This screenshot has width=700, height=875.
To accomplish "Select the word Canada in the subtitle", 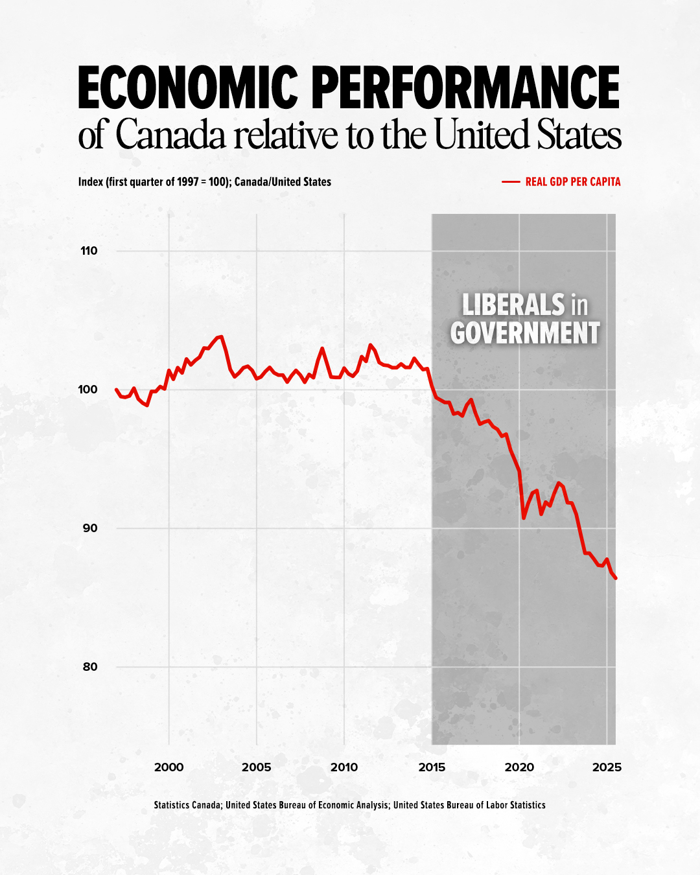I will click(171, 135).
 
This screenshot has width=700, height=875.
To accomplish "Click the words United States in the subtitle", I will click(528, 135).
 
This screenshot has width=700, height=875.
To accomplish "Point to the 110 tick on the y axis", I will click(89, 251).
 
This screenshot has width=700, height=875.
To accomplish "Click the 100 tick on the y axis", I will click(88, 390).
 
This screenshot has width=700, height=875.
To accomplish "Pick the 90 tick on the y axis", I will click(89, 528).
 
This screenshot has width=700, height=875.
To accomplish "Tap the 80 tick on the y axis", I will click(89, 667).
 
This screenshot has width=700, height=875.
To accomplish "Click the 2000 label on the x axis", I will click(169, 767).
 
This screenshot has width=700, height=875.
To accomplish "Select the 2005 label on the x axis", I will click(256, 767).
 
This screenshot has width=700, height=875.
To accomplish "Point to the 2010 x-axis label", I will click(344, 767).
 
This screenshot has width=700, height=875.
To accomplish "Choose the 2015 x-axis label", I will click(432, 767).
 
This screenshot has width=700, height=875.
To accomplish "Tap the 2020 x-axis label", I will click(519, 767).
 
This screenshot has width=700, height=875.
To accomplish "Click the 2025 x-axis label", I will click(607, 767).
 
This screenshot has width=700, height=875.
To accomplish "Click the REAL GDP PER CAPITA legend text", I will click(573, 182).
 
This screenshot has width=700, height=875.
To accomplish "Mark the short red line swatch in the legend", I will click(511, 182).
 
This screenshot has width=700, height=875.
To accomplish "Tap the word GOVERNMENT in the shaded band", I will click(525, 333).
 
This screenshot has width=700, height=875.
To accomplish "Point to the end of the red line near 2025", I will click(615, 577).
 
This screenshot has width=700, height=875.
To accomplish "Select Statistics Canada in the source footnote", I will click(187, 805).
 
